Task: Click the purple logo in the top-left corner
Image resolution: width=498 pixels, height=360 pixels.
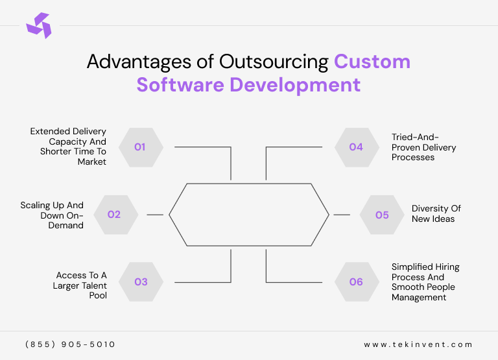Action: (x=38, y=26)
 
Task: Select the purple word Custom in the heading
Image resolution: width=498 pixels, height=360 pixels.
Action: (x=372, y=62)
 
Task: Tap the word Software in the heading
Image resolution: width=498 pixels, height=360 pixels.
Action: (x=188, y=85)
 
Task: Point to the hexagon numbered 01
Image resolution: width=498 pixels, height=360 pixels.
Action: (x=140, y=147)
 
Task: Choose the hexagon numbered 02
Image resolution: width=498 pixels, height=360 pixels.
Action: (x=114, y=215)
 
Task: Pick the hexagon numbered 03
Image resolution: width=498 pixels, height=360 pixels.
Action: (x=141, y=282)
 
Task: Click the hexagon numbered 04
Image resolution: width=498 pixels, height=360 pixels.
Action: (x=356, y=147)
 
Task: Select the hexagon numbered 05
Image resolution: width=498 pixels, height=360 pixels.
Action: (x=383, y=215)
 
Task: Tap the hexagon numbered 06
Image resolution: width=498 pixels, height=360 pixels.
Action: (x=356, y=282)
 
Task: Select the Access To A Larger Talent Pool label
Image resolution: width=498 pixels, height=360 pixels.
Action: (x=80, y=285)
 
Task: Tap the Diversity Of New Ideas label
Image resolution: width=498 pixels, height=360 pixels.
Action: (x=436, y=214)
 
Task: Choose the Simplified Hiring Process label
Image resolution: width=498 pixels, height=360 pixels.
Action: (x=423, y=282)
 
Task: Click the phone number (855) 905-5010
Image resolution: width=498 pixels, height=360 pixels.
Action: (x=70, y=344)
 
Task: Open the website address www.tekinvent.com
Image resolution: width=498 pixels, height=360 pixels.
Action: (x=418, y=344)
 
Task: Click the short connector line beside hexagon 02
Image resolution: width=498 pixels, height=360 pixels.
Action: (x=155, y=214)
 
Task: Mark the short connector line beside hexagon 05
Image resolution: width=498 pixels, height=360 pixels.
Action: (x=341, y=214)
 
